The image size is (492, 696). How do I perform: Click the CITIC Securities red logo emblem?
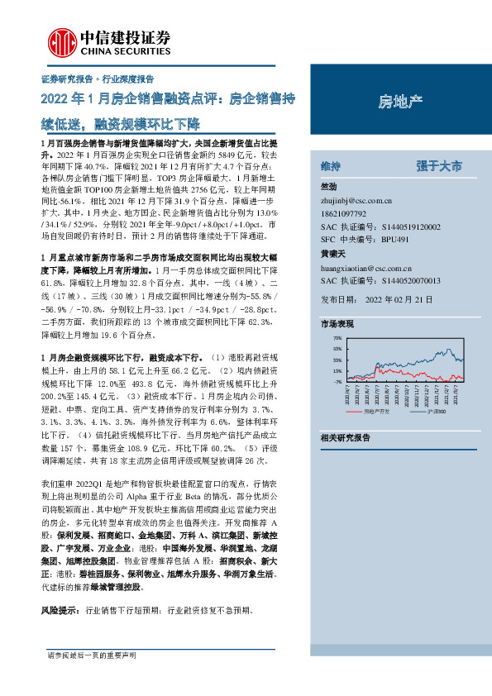coord(60,41)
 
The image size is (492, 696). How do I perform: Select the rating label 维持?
coord(330,166)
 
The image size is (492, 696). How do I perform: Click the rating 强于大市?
coord(438,166)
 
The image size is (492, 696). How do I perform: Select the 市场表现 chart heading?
coord(337,325)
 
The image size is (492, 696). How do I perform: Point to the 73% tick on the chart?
coord(337,339)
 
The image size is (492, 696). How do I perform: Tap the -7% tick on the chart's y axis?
coord(337,382)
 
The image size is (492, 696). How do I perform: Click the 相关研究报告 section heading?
coord(345,436)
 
